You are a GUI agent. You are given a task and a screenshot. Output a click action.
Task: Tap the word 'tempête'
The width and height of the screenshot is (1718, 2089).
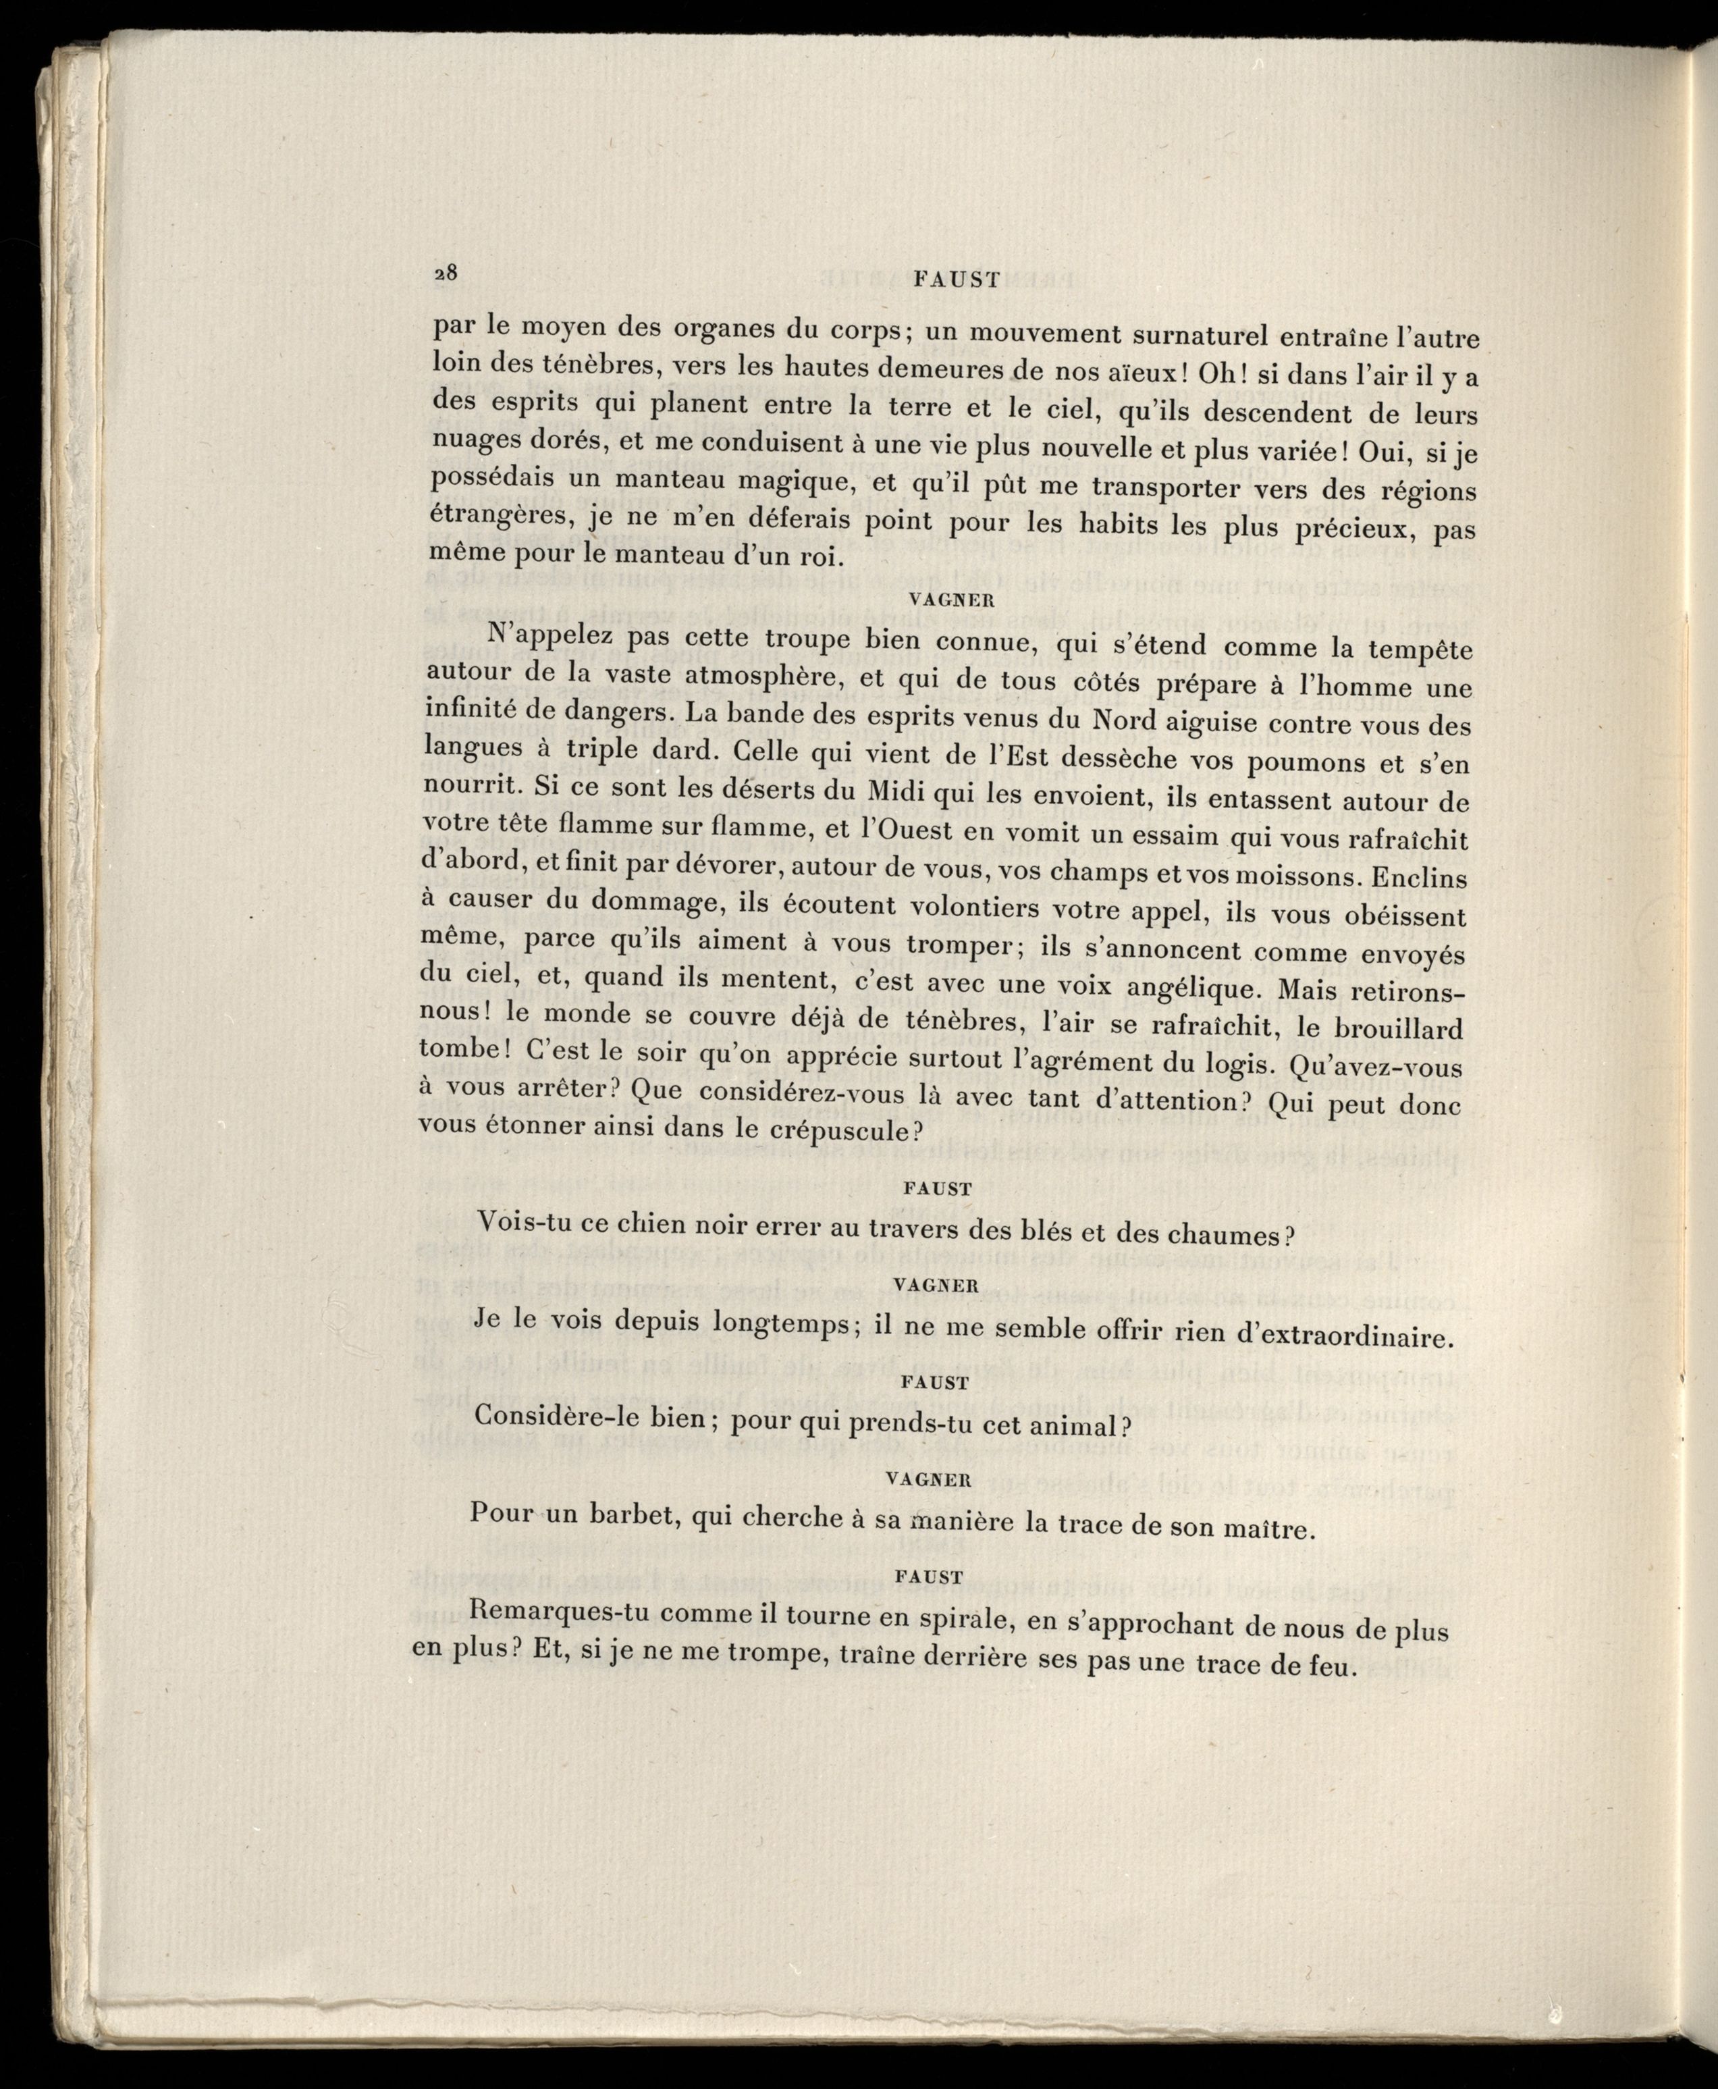tap(1416, 650)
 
